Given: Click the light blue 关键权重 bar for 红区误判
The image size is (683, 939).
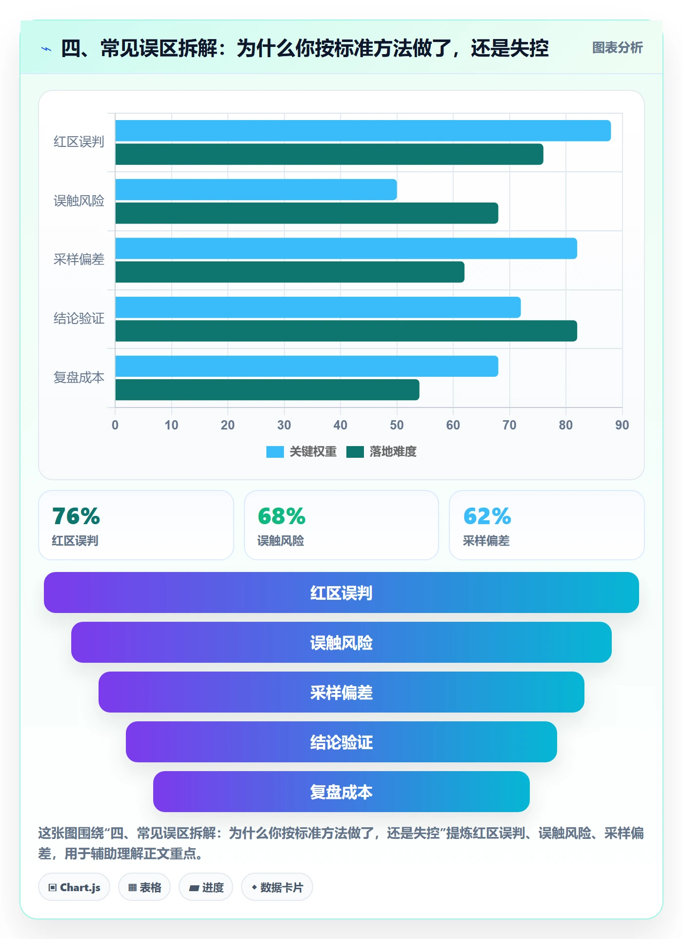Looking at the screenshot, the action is pos(363,131).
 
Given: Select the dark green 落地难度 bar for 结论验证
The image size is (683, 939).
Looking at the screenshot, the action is pos(346,331).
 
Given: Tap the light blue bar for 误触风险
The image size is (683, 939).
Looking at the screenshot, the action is pos(256,189).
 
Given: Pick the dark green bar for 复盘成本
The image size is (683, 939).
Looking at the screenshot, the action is pos(267,390).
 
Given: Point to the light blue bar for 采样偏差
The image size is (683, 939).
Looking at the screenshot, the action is pos(346,248).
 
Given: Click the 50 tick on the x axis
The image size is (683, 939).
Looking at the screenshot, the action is pos(397,425).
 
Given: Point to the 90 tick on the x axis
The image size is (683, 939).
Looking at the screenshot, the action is pos(622,425).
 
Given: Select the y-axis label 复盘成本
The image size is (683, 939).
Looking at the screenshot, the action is pos(79,377).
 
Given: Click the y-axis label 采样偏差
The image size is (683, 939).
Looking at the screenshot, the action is pos(79,259).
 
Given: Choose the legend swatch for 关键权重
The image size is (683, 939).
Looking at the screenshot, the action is pos(275,452).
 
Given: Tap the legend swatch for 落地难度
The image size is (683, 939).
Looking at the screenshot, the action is pos(355,452).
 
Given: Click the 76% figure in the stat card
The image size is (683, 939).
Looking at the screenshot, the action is pos(76,516).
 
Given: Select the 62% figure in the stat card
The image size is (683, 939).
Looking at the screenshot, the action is pos(487,516).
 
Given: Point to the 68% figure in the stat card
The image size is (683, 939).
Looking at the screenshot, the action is pos(281,516).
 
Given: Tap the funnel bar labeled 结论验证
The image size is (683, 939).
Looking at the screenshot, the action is pos(341,742).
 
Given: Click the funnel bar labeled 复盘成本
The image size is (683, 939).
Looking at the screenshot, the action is pos(341,792).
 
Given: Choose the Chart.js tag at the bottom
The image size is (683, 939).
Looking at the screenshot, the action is pos(74,887).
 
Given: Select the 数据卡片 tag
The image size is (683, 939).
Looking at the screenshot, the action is pos(277,887).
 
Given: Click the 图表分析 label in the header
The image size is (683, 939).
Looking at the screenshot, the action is pos(617,48).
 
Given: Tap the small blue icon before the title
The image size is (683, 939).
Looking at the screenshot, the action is pos(46,49).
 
